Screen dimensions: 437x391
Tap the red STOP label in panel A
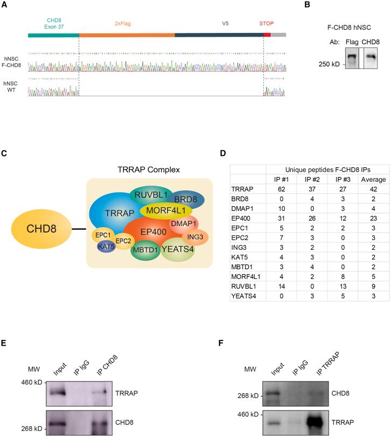[x=267, y=24]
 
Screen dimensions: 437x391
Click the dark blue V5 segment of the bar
[x=219, y=35]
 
